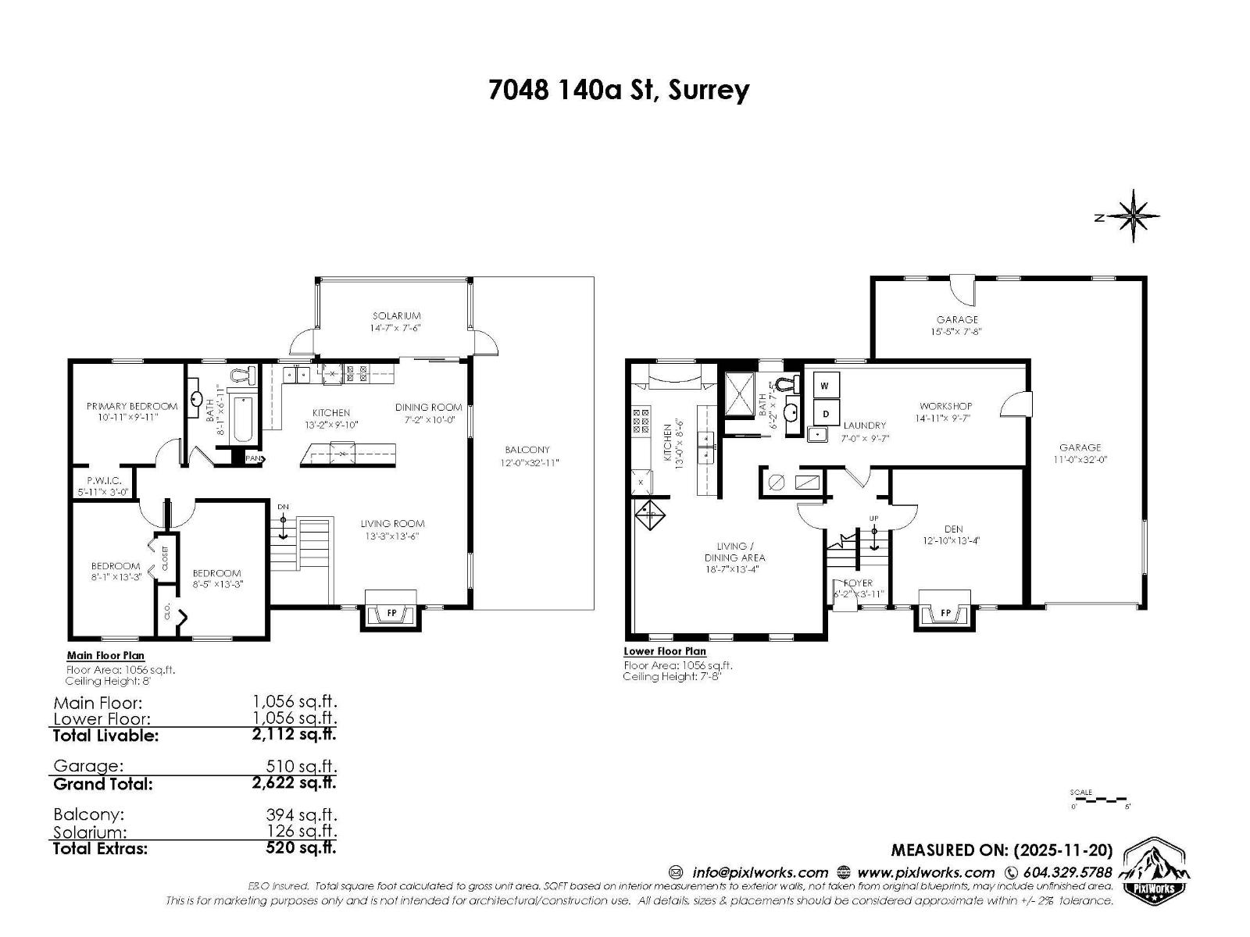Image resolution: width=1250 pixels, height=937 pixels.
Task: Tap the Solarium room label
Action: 397,316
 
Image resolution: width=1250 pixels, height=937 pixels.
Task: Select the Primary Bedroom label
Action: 131,406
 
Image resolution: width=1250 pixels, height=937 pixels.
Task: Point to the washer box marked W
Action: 824,386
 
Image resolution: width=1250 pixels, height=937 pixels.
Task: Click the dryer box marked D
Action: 824,413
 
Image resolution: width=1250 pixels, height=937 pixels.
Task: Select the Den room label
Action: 953,529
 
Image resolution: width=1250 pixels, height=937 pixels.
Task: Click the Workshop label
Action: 945,406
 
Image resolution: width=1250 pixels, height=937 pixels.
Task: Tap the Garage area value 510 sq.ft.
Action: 301,766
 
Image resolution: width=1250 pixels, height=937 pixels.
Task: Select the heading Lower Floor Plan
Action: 664,651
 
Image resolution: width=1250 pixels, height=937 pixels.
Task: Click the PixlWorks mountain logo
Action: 1155,868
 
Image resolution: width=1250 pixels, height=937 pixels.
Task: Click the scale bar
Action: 1098,800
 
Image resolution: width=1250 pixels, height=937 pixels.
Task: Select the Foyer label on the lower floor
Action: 857,583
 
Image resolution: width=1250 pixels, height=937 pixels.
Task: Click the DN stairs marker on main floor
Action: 283,508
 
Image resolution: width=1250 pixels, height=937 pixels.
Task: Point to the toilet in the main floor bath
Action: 246,376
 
